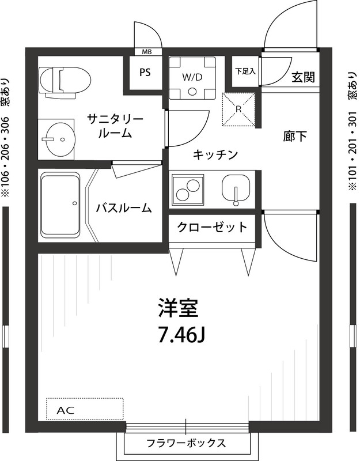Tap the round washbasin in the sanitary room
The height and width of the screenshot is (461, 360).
[x=60, y=139]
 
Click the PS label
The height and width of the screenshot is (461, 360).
[x=145, y=73]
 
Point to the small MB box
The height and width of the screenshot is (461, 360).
[x=147, y=52]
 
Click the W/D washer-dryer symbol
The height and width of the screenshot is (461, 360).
[x=192, y=77]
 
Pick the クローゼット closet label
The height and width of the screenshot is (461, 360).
[x=213, y=226]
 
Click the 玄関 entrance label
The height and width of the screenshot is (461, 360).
[x=302, y=77]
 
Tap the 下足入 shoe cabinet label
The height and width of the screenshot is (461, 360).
[x=245, y=72]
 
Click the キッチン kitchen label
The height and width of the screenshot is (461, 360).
[x=215, y=154]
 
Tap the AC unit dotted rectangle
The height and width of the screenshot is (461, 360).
[x=85, y=410]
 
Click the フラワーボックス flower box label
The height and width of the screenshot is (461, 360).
[x=185, y=443]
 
